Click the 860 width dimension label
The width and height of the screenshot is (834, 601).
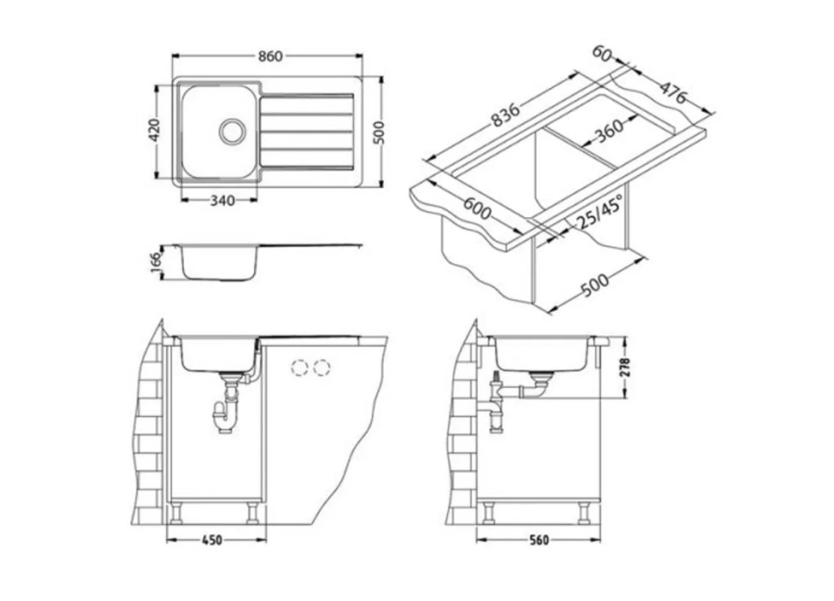(x=270, y=56)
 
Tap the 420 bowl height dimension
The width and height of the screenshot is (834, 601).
(x=154, y=130)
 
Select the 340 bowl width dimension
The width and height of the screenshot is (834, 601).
(x=222, y=201)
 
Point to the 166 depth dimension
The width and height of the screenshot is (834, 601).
(x=156, y=263)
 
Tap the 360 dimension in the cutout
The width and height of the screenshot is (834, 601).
(x=609, y=130)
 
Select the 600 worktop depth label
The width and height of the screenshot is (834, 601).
(x=476, y=208)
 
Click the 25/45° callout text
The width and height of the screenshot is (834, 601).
(x=600, y=212)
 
